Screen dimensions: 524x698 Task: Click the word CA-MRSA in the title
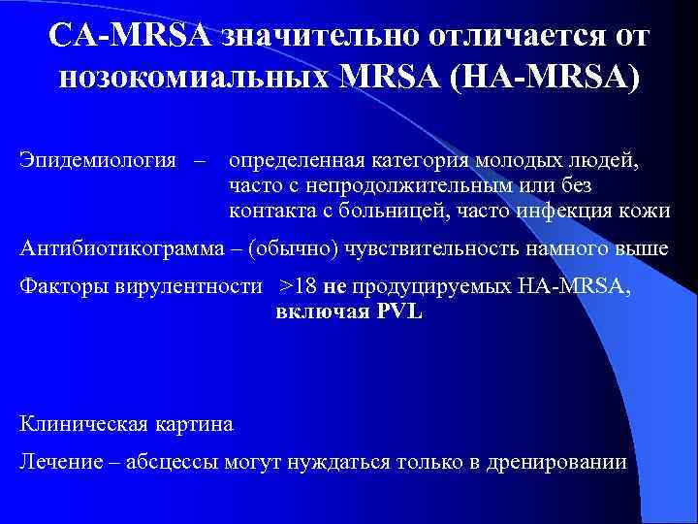[x=131, y=35]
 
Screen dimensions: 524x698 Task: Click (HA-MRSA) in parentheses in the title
[x=544, y=77]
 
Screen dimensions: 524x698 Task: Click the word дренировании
[x=560, y=462]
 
